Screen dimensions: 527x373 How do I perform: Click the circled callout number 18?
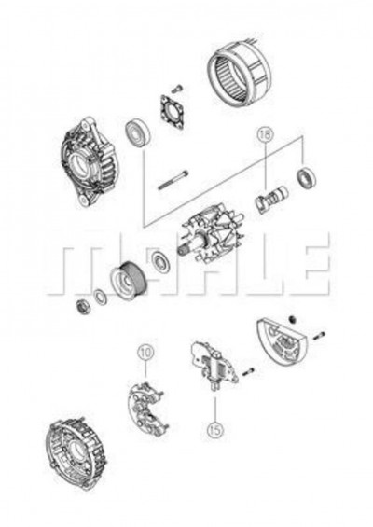[266, 136]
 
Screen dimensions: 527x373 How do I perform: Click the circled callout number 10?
[145, 352]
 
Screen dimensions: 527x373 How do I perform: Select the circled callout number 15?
[214, 431]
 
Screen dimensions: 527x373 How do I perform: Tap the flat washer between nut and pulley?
[99, 298]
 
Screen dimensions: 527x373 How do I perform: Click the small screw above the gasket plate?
[177, 90]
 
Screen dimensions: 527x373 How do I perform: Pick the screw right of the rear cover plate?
[318, 335]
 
